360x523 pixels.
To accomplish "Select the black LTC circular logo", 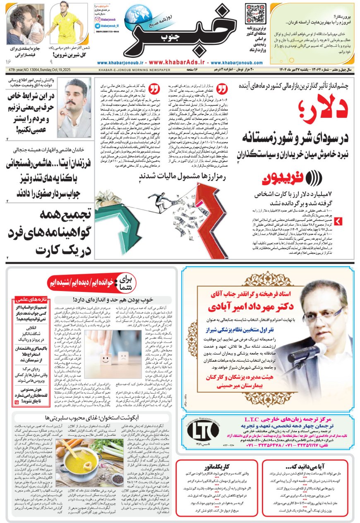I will pos(204,431).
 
